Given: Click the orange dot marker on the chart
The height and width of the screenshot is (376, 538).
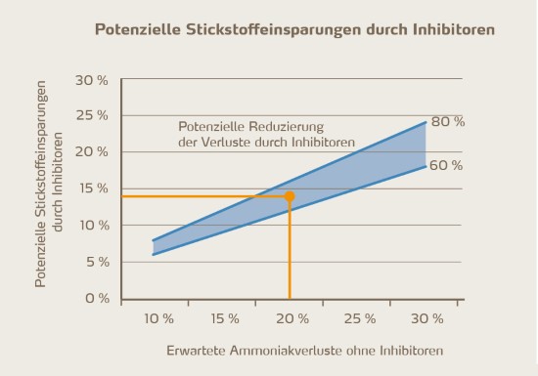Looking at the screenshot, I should point(290,196).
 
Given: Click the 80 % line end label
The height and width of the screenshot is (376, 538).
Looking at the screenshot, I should point(446,121).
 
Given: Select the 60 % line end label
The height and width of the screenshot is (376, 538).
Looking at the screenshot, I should point(446,165).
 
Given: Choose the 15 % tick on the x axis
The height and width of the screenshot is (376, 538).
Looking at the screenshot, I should point(224,318).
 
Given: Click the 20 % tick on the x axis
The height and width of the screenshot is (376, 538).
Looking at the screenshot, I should point(291,318).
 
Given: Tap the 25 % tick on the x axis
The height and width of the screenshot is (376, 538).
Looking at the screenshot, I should point(360,318).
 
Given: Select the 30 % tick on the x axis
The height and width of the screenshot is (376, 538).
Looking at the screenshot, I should point(427,318).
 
